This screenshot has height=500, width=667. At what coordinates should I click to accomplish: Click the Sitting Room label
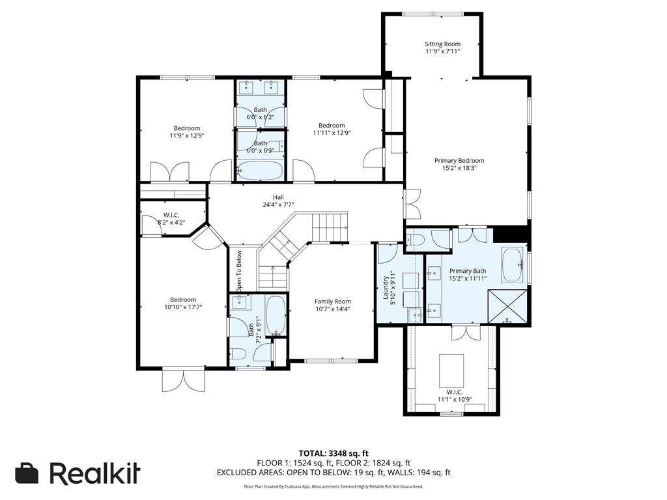(x=442, y=44)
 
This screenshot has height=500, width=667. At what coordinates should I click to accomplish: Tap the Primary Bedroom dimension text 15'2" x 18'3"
(x=459, y=168)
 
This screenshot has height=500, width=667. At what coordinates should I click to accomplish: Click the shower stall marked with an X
(x=507, y=306)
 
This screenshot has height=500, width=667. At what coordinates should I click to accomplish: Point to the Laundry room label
(x=386, y=288)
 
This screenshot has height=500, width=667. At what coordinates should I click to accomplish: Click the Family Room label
(x=333, y=301)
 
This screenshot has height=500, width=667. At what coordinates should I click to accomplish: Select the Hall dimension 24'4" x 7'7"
(x=279, y=204)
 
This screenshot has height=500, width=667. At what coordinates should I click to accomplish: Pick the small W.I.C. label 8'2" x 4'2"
(x=171, y=222)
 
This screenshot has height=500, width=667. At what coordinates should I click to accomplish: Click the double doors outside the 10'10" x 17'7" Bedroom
(x=183, y=380)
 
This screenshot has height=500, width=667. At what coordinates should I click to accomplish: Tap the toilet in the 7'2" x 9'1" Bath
(x=237, y=354)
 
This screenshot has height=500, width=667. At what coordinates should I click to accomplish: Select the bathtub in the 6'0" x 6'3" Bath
(x=259, y=171)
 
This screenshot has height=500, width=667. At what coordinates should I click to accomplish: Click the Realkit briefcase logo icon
(x=27, y=473)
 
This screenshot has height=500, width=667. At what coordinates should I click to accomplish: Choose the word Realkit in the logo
(x=94, y=473)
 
